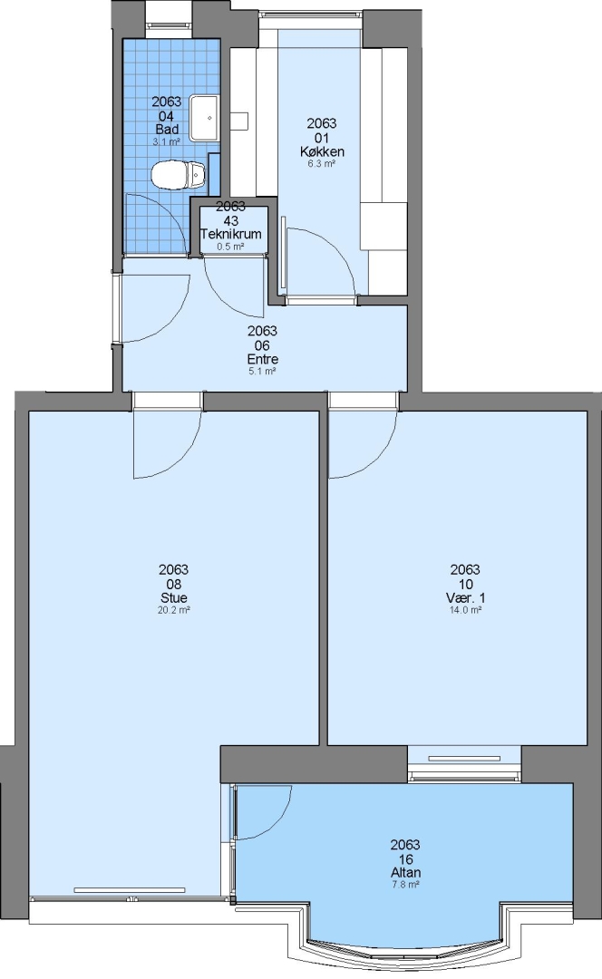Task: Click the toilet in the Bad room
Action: (179, 174)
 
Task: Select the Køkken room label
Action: (322, 151)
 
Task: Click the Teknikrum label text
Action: (230, 234)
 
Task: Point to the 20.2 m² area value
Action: (173, 610)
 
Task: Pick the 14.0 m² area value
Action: (465, 610)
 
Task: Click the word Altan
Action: (405, 873)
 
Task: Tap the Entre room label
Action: (262, 359)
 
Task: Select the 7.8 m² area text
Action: (405, 885)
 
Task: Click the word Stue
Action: (173, 597)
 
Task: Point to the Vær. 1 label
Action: (465, 597)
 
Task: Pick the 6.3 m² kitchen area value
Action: (322, 163)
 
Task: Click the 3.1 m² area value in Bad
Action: (166, 141)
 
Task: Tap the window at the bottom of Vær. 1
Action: (464, 763)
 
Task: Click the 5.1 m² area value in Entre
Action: (262, 371)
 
